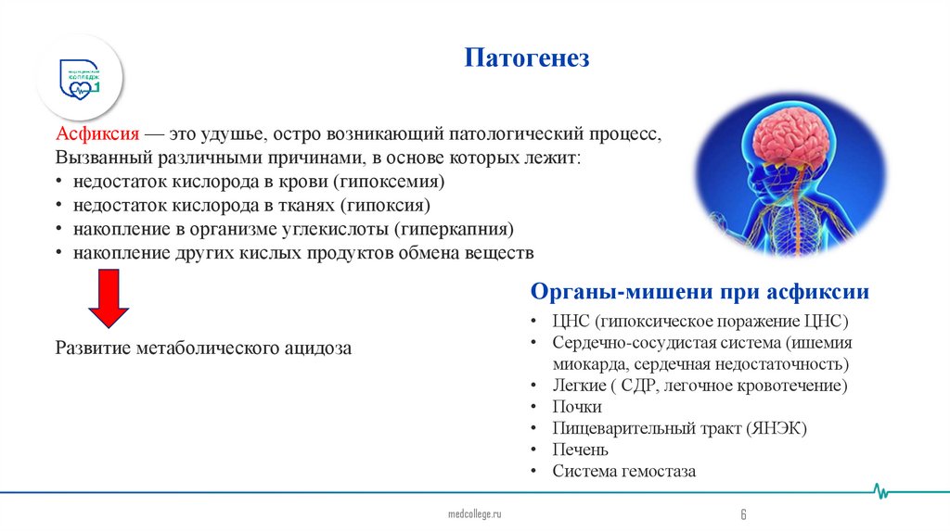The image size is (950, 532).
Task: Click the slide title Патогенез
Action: click(527, 59)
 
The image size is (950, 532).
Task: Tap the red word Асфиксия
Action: click(97, 133)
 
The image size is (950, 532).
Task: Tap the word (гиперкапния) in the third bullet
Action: click(455, 229)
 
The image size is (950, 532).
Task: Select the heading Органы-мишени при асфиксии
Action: click(700, 292)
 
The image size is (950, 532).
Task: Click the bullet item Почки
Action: click(577, 407)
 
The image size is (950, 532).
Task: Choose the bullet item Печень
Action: click(581, 450)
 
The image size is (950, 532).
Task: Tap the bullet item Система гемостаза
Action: click(623, 471)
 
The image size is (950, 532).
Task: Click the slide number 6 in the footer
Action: click(743, 514)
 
